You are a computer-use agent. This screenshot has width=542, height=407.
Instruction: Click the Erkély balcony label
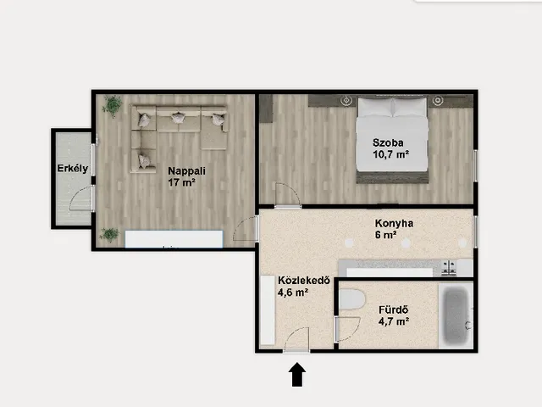(x=73, y=169)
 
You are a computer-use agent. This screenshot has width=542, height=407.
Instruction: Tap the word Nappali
(x=186, y=171)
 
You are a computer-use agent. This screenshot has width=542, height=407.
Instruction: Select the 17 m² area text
(x=182, y=182)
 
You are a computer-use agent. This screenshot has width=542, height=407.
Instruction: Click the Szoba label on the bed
(x=388, y=143)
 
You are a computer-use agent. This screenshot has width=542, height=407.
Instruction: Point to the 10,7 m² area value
(x=391, y=154)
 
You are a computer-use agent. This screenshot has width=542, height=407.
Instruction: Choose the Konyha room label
(x=394, y=224)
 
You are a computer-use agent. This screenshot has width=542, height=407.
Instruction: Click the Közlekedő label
(x=304, y=281)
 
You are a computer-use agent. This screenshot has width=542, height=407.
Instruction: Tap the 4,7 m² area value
(x=394, y=321)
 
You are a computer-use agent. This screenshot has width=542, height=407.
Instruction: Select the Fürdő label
(x=394, y=309)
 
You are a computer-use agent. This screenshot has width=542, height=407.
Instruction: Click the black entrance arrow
(x=297, y=374)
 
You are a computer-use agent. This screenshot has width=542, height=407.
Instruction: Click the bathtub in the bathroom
(x=456, y=316)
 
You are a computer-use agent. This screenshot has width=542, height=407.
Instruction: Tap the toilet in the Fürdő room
(x=352, y=299)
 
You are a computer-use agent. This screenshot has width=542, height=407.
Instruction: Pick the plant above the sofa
(x=112, y=106)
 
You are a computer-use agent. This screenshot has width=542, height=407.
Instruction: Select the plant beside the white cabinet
(x=109, y=235)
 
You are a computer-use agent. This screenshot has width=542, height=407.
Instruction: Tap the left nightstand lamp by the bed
(x=346, y=101)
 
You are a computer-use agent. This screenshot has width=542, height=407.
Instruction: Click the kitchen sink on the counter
(x=449, y=268)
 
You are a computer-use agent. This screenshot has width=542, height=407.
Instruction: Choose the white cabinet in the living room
(x=174, y=239)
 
